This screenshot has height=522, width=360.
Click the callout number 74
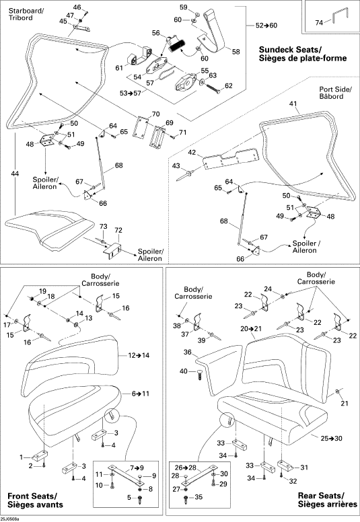click(319, 23)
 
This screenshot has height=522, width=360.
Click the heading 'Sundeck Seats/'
click(290, 50)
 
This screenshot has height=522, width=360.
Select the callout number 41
click(293, 104)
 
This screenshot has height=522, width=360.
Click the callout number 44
click(15, 174)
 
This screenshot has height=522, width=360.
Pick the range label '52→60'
click(266, 26)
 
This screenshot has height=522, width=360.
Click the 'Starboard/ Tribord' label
click(26, 14)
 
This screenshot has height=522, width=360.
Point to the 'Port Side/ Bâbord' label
click(335, 93)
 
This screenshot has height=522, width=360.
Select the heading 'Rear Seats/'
click(322, 495)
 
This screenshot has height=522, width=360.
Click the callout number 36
click(188, 352)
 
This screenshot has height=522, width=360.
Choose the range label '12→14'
click(139, 355)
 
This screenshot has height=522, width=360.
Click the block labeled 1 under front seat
click(40, 455)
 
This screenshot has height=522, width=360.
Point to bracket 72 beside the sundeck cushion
click(112, 250)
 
